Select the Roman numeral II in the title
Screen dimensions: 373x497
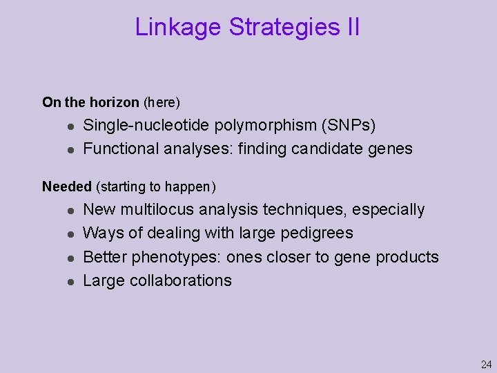(x=351, y=27)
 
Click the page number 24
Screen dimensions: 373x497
(x=486, y=364)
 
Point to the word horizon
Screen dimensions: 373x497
(x=115, y=102)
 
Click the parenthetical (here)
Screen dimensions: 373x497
(x=161, y=102)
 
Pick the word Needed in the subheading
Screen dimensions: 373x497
(x=67, y=186)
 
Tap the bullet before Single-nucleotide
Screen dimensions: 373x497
(x=70, y=126)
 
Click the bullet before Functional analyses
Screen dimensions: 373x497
(x=70, y=149)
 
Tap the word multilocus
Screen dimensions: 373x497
(x=156, y=209)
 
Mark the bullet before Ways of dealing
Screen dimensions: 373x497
(x=70, y=233)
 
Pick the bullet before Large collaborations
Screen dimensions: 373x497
(x=70, y=281)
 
